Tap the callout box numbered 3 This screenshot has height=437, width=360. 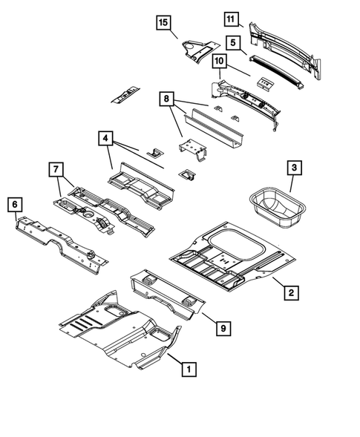(x=295, y=169)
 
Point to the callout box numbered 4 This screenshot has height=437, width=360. (x=105, y=138)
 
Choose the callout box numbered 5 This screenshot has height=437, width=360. (x=232, y=43)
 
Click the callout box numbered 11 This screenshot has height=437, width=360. (x=232, y=19)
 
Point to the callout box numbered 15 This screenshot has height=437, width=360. (x=163, y=22)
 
